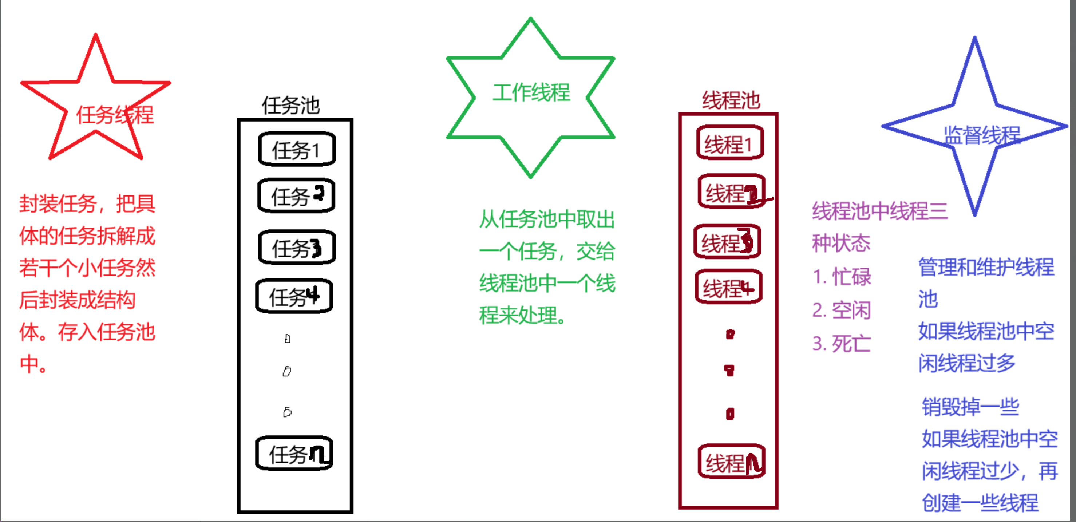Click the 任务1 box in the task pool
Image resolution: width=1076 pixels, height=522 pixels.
pyautogui.click(x=297, y=149)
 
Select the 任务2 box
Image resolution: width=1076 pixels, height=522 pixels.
pyautogui.click(x=296, y=196)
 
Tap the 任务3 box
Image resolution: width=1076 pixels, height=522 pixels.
pyautogui.click(x=297, y=247)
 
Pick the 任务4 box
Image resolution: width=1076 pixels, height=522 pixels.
pyautogui.click(x=294, y=296)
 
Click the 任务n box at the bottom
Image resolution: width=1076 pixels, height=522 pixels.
pyautogui.click(x=294, y=454)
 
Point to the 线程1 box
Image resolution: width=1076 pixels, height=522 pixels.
pyautogui.click(x=730, y=143)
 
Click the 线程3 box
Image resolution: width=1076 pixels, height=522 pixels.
pyautogui.click(x=727, y=242)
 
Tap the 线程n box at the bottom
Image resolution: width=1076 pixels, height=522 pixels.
pyautogui.click(x=731, y=462)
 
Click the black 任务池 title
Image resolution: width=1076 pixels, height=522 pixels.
pyautogui.click(x=291, y=105)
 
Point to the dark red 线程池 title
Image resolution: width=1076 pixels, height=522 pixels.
pyautogui.click(x=731, y=100)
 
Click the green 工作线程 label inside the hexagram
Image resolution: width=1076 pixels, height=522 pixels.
pyautogui.click(x=531, y=92)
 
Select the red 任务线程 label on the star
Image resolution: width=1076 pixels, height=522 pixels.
pyautogui.click(x=115, y=115)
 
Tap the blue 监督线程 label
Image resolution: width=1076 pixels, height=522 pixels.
pyautogui.click(x=982, y=135)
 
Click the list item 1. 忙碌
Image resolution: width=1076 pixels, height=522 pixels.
pyautogui.click(x=842, y=276)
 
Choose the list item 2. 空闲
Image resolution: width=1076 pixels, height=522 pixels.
pyautogui.click(x=841, y=310)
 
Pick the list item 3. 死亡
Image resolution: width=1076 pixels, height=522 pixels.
pyautogui.click(x=841, y=344)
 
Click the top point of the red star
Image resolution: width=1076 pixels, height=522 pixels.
pyautogui.click(x=96, y=36)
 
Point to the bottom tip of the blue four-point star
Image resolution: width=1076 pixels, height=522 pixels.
pyautogui.click(x=975, y=215)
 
